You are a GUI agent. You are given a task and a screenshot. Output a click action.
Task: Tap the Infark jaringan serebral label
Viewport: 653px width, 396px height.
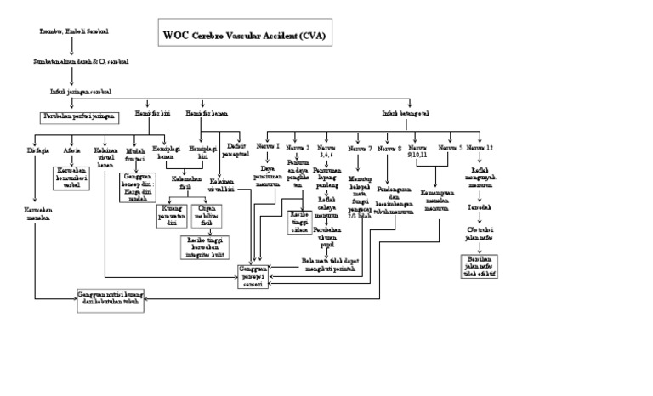coord(81,91)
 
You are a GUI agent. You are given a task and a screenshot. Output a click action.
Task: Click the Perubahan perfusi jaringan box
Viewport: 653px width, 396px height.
coord(77,115)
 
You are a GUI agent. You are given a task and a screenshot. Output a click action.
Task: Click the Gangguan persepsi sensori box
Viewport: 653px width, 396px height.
coord(256,276)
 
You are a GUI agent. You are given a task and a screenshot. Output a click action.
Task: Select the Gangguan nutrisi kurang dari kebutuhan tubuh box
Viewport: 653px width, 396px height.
coord(111,297)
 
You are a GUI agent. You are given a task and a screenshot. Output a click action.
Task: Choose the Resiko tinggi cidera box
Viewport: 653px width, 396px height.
coord(300,221)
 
